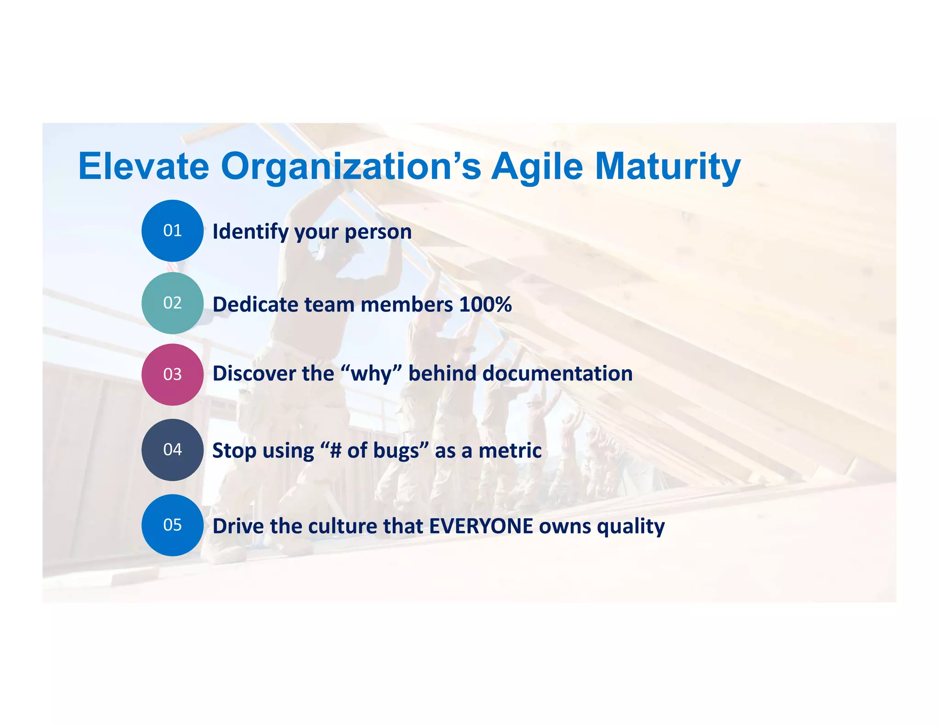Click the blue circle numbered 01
coord(172,231)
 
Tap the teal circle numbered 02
coord(172,303)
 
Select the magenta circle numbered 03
coord(172,374)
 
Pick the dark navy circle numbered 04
coord(172,450)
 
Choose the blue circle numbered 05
coord(172,525)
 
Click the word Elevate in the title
coord(144,166)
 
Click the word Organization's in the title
coord(351,166)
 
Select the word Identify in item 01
coord(250,232)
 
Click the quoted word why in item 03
coord(372,374)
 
